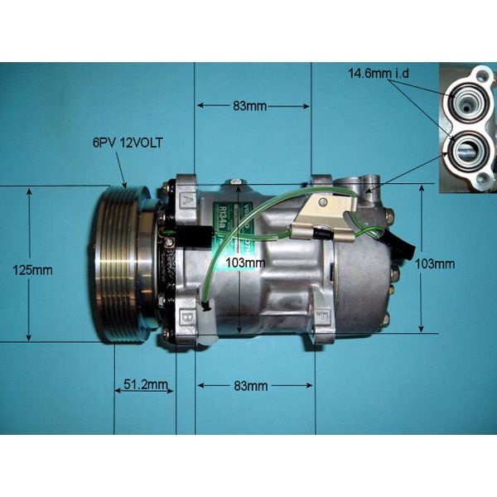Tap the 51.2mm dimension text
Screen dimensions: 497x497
[145, 384]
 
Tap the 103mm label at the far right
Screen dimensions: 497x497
[435, 263]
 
